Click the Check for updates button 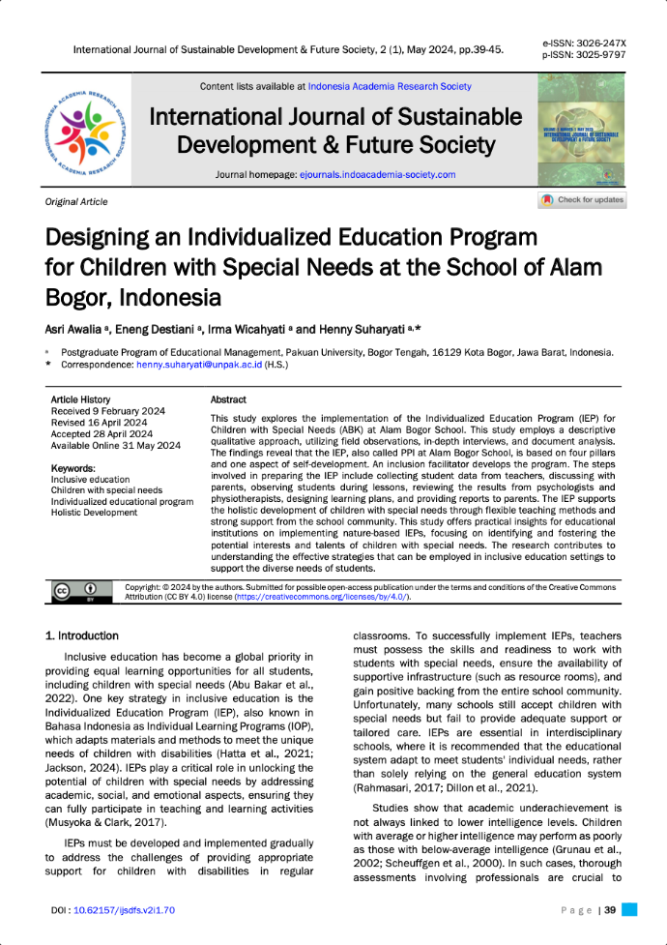coord(583,200)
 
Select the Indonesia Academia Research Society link coord(390,87)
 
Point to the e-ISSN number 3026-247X coord(597,44)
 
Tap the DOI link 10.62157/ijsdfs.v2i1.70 coord(125,910)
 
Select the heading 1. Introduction coord(82,635)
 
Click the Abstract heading coord(228,399)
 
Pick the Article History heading coord(80,399)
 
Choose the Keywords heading coord(72,468)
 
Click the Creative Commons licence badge coord(75,591)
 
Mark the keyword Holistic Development coord(94,513)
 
